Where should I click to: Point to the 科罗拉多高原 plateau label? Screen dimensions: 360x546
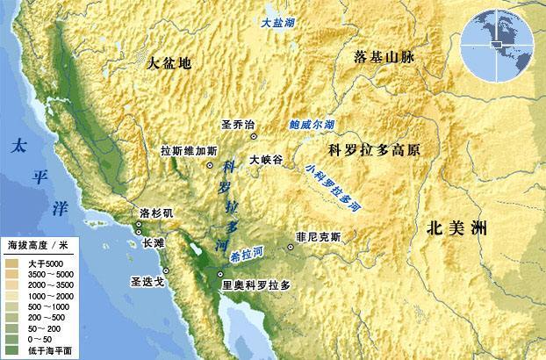373,149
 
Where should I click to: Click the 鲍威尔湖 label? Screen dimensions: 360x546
312,126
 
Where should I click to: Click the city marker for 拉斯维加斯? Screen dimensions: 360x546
210,165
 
